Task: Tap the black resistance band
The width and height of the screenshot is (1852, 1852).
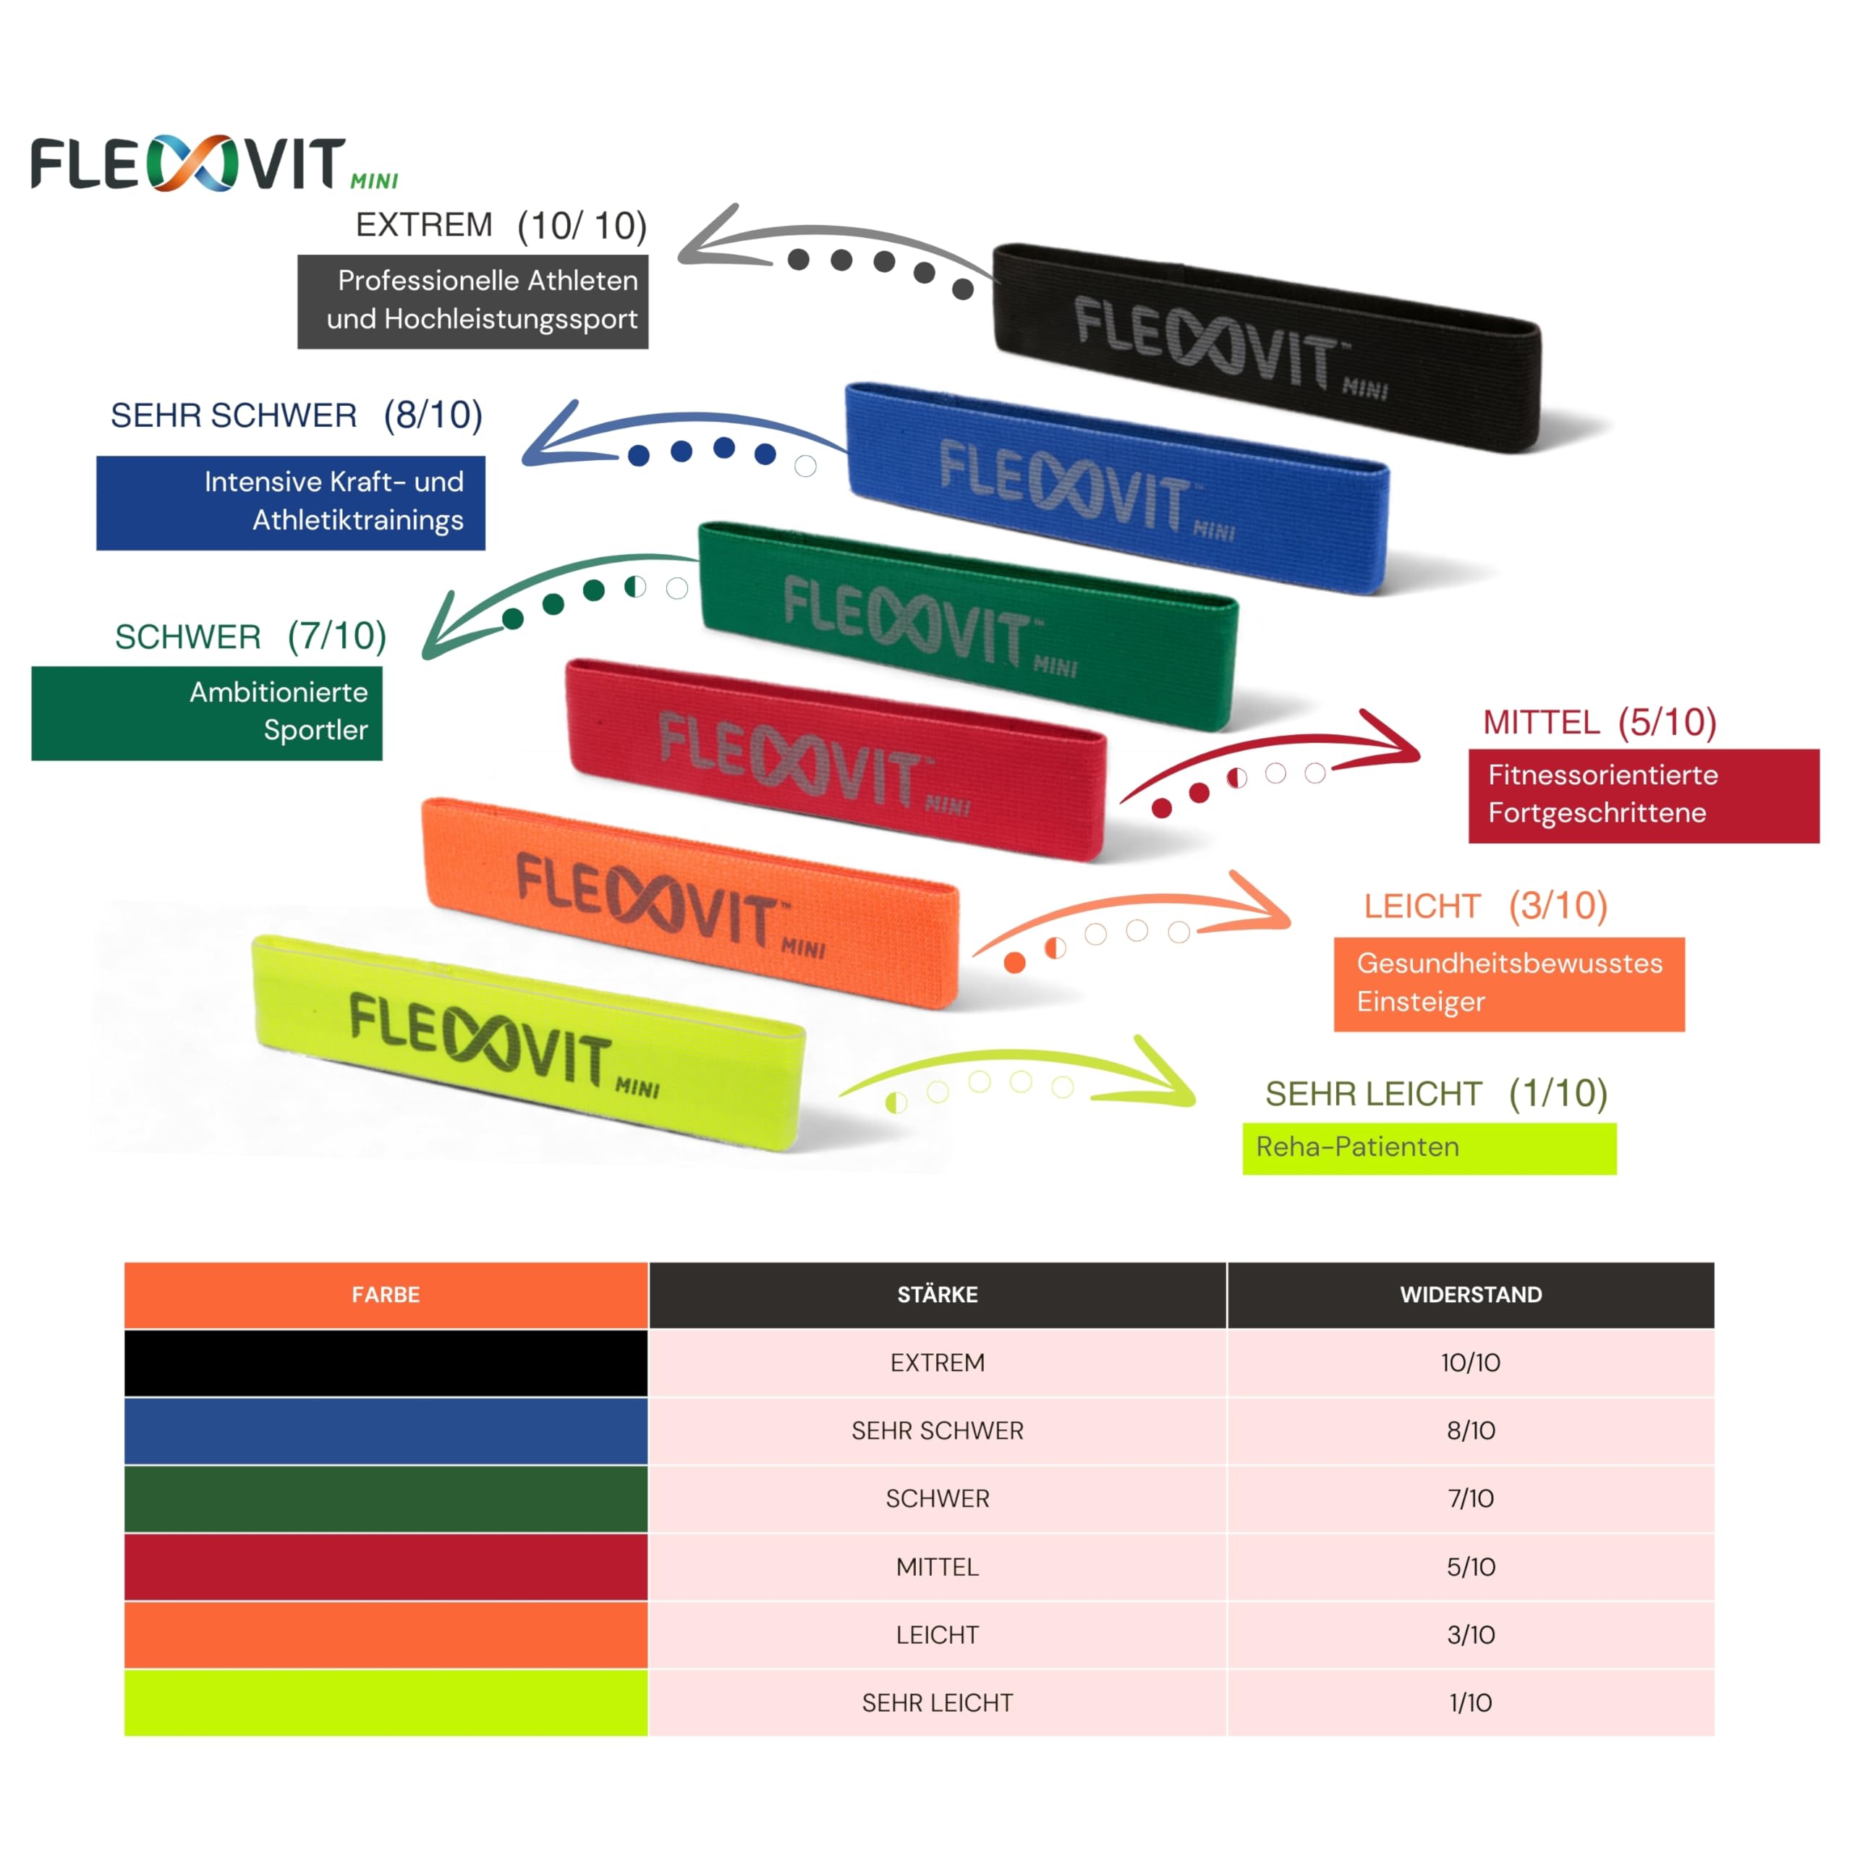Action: pyautogui.click(x=1265, y=347)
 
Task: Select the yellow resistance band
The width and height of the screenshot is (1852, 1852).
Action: pyautogui.click(x=527, y=1045)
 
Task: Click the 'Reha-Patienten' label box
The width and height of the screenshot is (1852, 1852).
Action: pyautogui.click(x=1428, y=1147)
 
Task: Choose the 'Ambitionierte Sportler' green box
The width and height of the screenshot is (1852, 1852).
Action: pyautogui.click(x=206, y=713)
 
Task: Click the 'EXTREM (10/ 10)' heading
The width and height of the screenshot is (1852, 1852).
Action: pyautogui.click(x=501, y=225)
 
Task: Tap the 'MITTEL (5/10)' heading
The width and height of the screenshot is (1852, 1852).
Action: pyautogui.click(x=1599, y=722)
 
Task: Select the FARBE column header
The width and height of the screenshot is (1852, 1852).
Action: pyautogui.click(x=386, y=1294)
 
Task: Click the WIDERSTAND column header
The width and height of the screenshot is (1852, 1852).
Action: pyautogui.click(x=1471, y=1294)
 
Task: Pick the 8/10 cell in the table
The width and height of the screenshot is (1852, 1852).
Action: pyautogui.click(x=1471, y=1430)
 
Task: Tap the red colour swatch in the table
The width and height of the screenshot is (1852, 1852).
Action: pyautogui.click(x=386, y=1566)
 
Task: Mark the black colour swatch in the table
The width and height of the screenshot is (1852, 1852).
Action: pyautogui.click(x=386, y=1362)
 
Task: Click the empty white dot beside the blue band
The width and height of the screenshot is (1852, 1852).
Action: pyautogui.click(x=805, y=466)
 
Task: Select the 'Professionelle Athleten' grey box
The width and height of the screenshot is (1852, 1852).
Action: pyautogui.click(x=472, y=301)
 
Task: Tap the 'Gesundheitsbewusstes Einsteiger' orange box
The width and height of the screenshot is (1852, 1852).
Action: pyautogui.click(x=1509, y=984)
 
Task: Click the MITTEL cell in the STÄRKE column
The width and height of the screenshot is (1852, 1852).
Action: pyautogui.click(x=937, y=1566)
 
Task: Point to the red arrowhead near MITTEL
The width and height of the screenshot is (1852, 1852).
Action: pyautogui.click(x=1395, y=740)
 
